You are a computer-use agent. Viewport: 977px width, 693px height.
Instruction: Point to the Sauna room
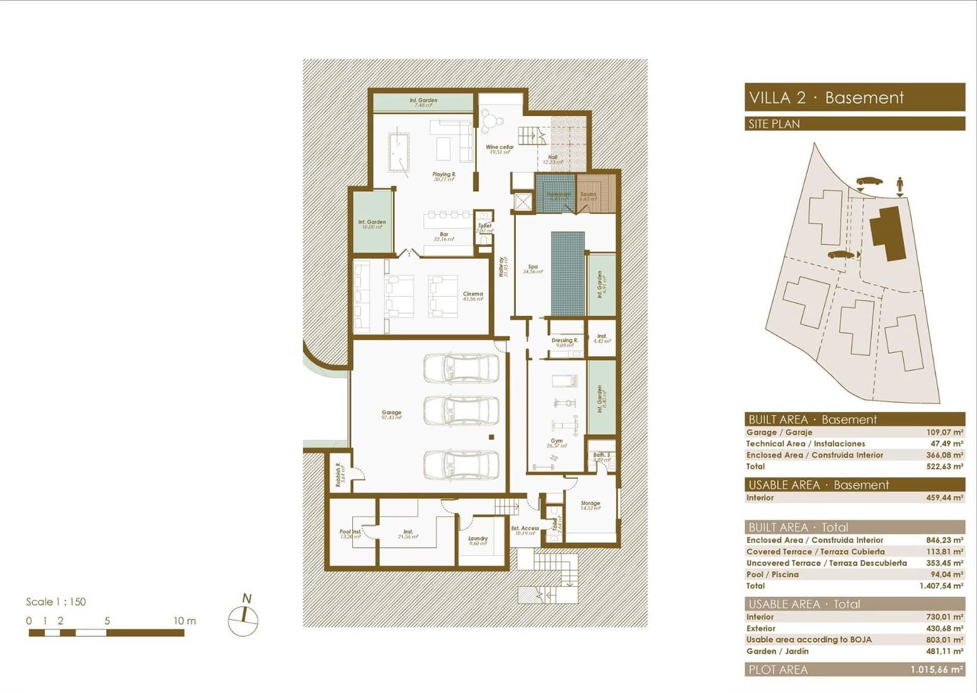[x=589, y=193]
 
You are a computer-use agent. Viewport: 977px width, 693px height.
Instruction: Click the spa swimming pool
[x=568, y=274]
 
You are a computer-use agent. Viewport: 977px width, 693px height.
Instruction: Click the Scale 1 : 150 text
[x=56, y=601]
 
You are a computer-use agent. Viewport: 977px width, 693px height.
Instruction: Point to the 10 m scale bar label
[x=184, y=620]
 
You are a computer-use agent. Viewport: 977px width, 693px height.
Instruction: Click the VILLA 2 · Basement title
[x=826, y=98]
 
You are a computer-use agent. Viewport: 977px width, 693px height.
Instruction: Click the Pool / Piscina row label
[x=772, y=574]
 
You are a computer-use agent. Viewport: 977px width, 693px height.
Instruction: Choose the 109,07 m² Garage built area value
[x=944, y=432]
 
